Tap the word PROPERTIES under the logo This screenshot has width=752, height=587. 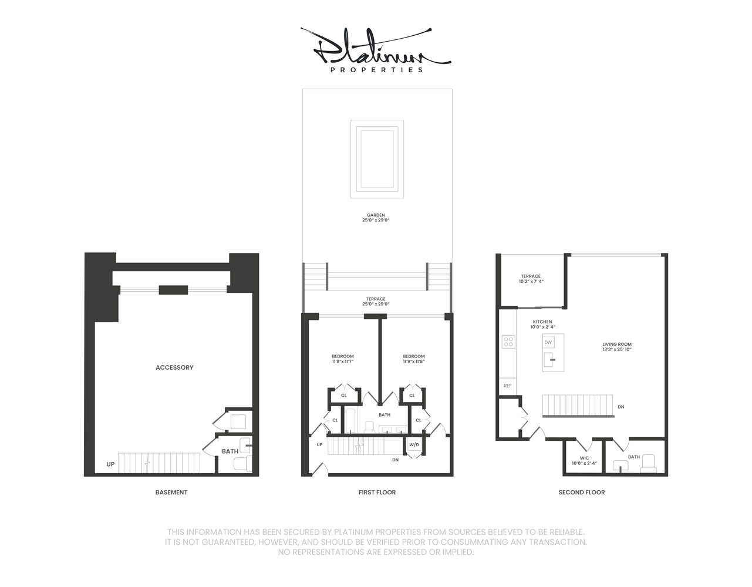coord(376,70)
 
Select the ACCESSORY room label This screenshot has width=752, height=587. coord(174,367)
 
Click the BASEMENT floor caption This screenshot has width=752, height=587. coord(171,492)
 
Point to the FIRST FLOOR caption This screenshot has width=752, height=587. coord(377,492)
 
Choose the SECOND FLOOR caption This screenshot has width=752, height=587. coord(581,492)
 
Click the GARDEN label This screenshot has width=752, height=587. coord(376,215)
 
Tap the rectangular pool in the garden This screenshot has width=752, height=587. coord(377,159)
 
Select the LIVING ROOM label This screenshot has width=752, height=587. coord(617,345)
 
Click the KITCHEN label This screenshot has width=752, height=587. coord(542,322)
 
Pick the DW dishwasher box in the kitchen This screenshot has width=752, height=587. coord(548,342)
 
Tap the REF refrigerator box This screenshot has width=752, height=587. coord(508,386)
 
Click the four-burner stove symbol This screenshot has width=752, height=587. coord(508,342)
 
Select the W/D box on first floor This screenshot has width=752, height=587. coord(414,444)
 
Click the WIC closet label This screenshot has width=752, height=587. coord(584,458)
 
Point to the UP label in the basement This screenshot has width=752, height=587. coord(110,464)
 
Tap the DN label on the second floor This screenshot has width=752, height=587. coord(621,407)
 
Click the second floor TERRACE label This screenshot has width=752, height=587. coord(531,276)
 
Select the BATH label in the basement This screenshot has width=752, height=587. coord(230,451)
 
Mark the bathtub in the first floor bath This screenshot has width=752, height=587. coord(350,421)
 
